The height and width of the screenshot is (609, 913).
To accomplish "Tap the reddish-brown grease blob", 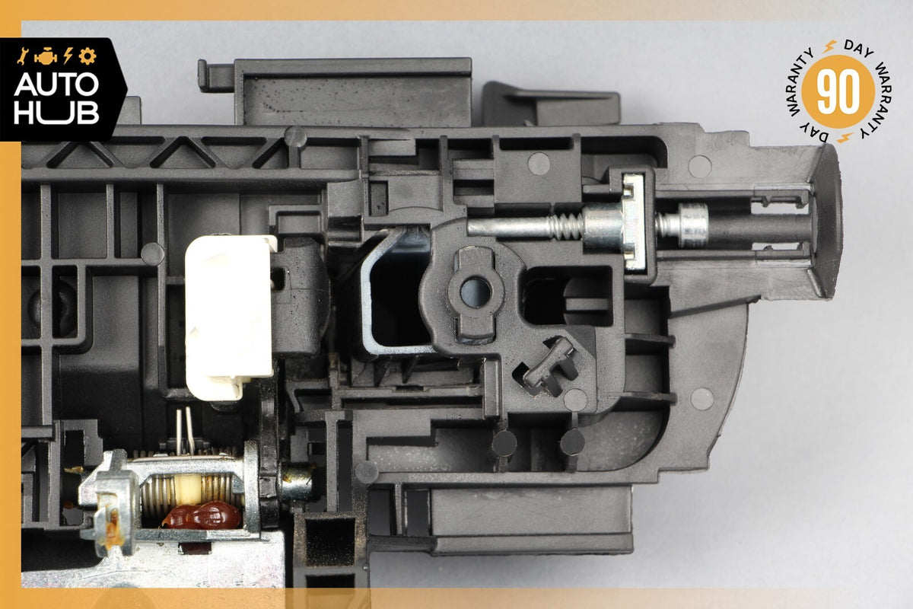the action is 202,515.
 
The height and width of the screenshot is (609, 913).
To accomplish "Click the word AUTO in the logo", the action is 56,84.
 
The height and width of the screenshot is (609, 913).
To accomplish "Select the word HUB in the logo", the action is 56,113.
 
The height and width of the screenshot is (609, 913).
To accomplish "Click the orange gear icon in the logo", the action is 87,56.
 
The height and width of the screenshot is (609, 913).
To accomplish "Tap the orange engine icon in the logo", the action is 46,56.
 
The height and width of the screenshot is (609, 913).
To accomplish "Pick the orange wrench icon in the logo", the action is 22,56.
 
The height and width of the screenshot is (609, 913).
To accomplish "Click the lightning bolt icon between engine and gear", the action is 68,56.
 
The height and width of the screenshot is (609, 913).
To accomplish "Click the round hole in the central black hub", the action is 476,292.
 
